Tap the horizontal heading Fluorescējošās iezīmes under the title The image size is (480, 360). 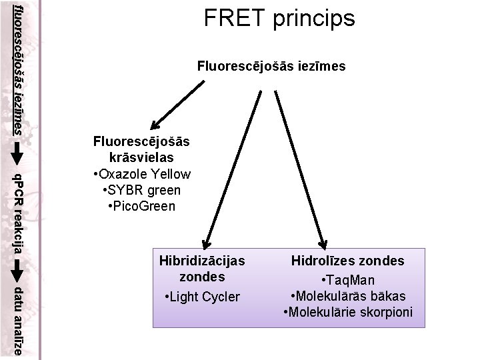point(271,66)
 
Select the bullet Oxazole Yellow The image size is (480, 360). point(143,174)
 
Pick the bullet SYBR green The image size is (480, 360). point(143,190)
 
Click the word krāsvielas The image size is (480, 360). point(141,158)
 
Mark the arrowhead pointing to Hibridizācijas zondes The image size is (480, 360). point(205,244)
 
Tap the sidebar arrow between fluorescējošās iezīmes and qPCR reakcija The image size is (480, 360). point(19,152)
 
